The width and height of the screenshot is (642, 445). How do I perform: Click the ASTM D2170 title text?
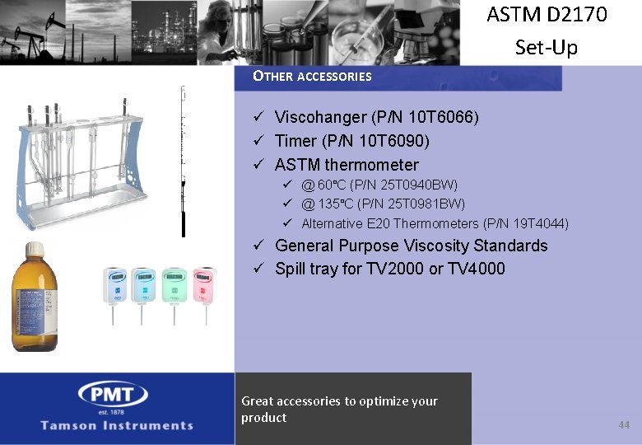pyautogui.click(x=547, y=15)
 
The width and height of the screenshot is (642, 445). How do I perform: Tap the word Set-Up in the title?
pyautogui.click(x=547, y=47)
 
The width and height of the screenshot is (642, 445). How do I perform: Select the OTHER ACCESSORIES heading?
pyautogui.click(x=312, y=77)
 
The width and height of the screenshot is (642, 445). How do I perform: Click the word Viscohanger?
pyautogui.click(x=318, y=118)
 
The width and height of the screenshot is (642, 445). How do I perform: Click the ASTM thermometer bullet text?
pyautogui.click(x=347, y=165)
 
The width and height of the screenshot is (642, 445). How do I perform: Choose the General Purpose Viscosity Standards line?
pyautogui.click(x=411, y=246)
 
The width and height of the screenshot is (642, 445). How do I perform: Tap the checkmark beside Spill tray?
pyautogui.click(x=258, y=269)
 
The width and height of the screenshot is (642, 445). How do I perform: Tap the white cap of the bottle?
pyautogui.click(x=34, y=249)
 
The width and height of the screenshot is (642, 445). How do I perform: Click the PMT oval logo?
pyautogui.click(x=113, y=395)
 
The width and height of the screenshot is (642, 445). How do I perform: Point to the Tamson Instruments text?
pyautogui.click(x=117, y=425)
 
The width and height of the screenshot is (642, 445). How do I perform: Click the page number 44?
pyautogui.click(x=623, y=424)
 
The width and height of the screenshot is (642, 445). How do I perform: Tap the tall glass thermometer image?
pyautogui.click(x=183, y=161)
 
